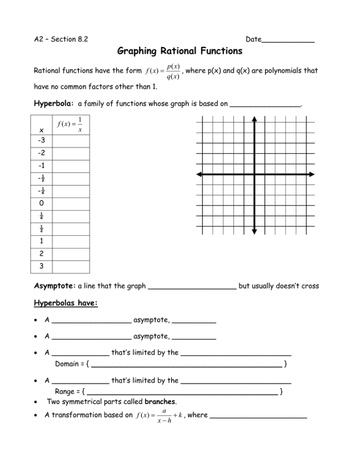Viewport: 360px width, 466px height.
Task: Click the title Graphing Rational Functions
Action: click(x=180, y=50)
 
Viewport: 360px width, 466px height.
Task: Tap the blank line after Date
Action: click(x=288, y=40)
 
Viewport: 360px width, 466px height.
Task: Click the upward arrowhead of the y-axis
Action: click(x=254, y=119)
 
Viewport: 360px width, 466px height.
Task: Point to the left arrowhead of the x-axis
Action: click(x=199, y=174)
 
